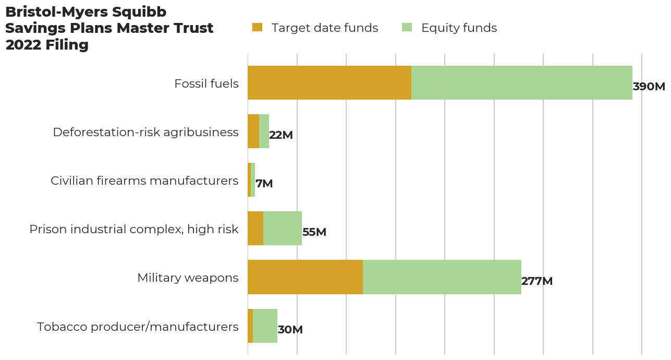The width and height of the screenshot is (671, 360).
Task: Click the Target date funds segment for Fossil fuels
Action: click(330, 82)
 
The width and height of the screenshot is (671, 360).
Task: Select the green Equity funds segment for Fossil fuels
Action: click(521, 82)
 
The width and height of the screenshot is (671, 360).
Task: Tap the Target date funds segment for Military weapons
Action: click(305, 277)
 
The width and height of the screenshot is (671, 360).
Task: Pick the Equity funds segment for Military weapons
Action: click(442, 277)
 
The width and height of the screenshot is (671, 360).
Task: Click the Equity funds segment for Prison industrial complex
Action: click(283, 228)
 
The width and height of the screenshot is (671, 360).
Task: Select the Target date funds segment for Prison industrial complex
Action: click(255, 228)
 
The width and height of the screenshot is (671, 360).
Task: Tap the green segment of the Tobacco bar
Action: click(265, 326)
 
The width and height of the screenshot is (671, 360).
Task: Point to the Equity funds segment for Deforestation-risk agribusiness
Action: click(264, 131)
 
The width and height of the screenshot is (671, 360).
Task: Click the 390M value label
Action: click(649, 87)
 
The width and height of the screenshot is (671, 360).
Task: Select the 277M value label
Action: click(536, 281)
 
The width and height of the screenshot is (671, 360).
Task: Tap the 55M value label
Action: click(314, 232)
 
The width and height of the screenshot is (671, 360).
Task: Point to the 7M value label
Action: click(264, 184)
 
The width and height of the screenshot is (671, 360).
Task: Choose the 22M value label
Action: click(280, 135)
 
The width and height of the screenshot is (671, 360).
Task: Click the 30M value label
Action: click(290, 330)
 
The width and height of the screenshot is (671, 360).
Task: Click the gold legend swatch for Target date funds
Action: click(257, 28)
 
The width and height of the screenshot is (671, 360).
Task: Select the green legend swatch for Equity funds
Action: click(407, 28)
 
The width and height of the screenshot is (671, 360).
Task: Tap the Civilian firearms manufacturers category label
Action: click(144, 181)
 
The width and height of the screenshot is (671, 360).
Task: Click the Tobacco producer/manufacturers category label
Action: click(138, 327)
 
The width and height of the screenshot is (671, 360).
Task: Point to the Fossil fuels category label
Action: click(206, 83)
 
